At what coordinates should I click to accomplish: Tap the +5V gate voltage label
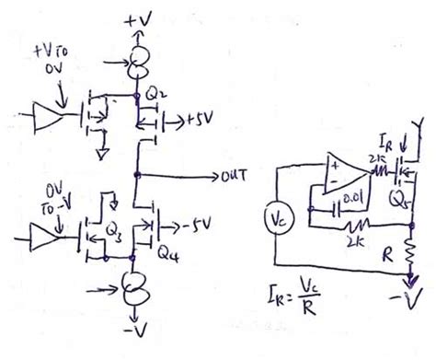click(193, 121)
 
